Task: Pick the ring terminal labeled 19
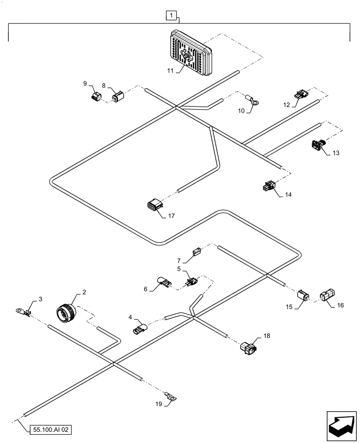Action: point(170,397)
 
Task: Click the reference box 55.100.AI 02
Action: point(51,429)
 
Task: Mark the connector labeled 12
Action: point(300,94)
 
